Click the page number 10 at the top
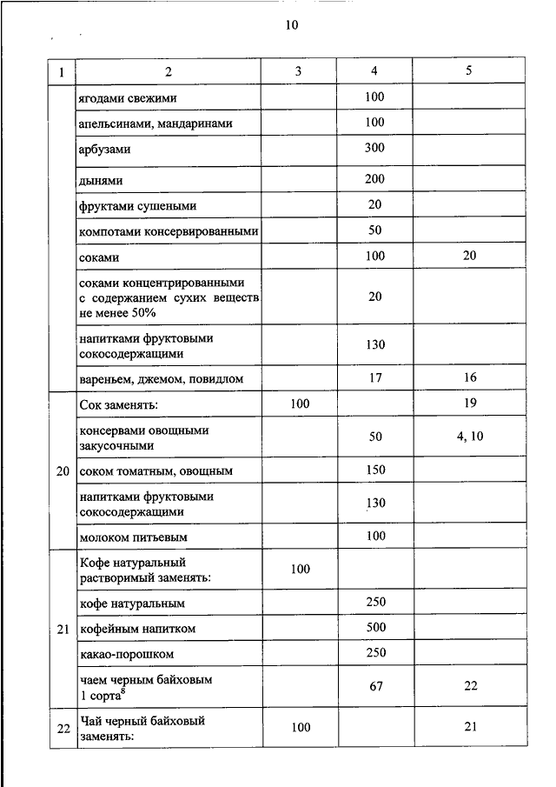pyautogui.click(x=291, y=25)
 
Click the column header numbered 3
pyautogui.click(x=298, y=71)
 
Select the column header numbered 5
pyautogui.click(x=469, y=71)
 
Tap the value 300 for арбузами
pyautogui.click(x=374, y=148)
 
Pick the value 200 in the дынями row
pyautogui.click(x=374, y=178)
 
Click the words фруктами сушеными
pyautogui.click(x=137, y=206)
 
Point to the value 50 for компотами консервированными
pyautogui.click(x=374, y=231)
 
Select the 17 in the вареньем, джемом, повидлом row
pyautogui.click(x=374, y=378)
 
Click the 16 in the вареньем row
pyautogui.click(x=470, y=378)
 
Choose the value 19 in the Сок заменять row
pyautogui.click(x=470, y=404)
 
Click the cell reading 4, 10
pyautogui.click(x=470, y=437)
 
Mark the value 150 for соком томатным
pyautogui.click(x=374, y=470)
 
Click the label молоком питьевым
pyautogui.click(x=134, y=537)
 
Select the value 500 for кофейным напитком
pyautogui.click(x=374, y=628)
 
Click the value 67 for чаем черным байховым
pyautogui.click(x=374, y=686)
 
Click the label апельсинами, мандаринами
pyautogui.click(x=156, y=123)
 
